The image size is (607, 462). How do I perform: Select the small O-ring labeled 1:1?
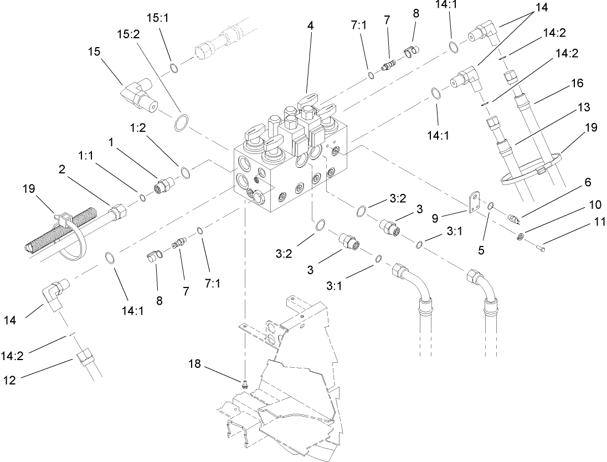(142, 198)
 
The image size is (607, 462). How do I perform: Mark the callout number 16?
(577, 84)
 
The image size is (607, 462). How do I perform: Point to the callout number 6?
(587, 183)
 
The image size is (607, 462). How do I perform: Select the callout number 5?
(482, 250)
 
